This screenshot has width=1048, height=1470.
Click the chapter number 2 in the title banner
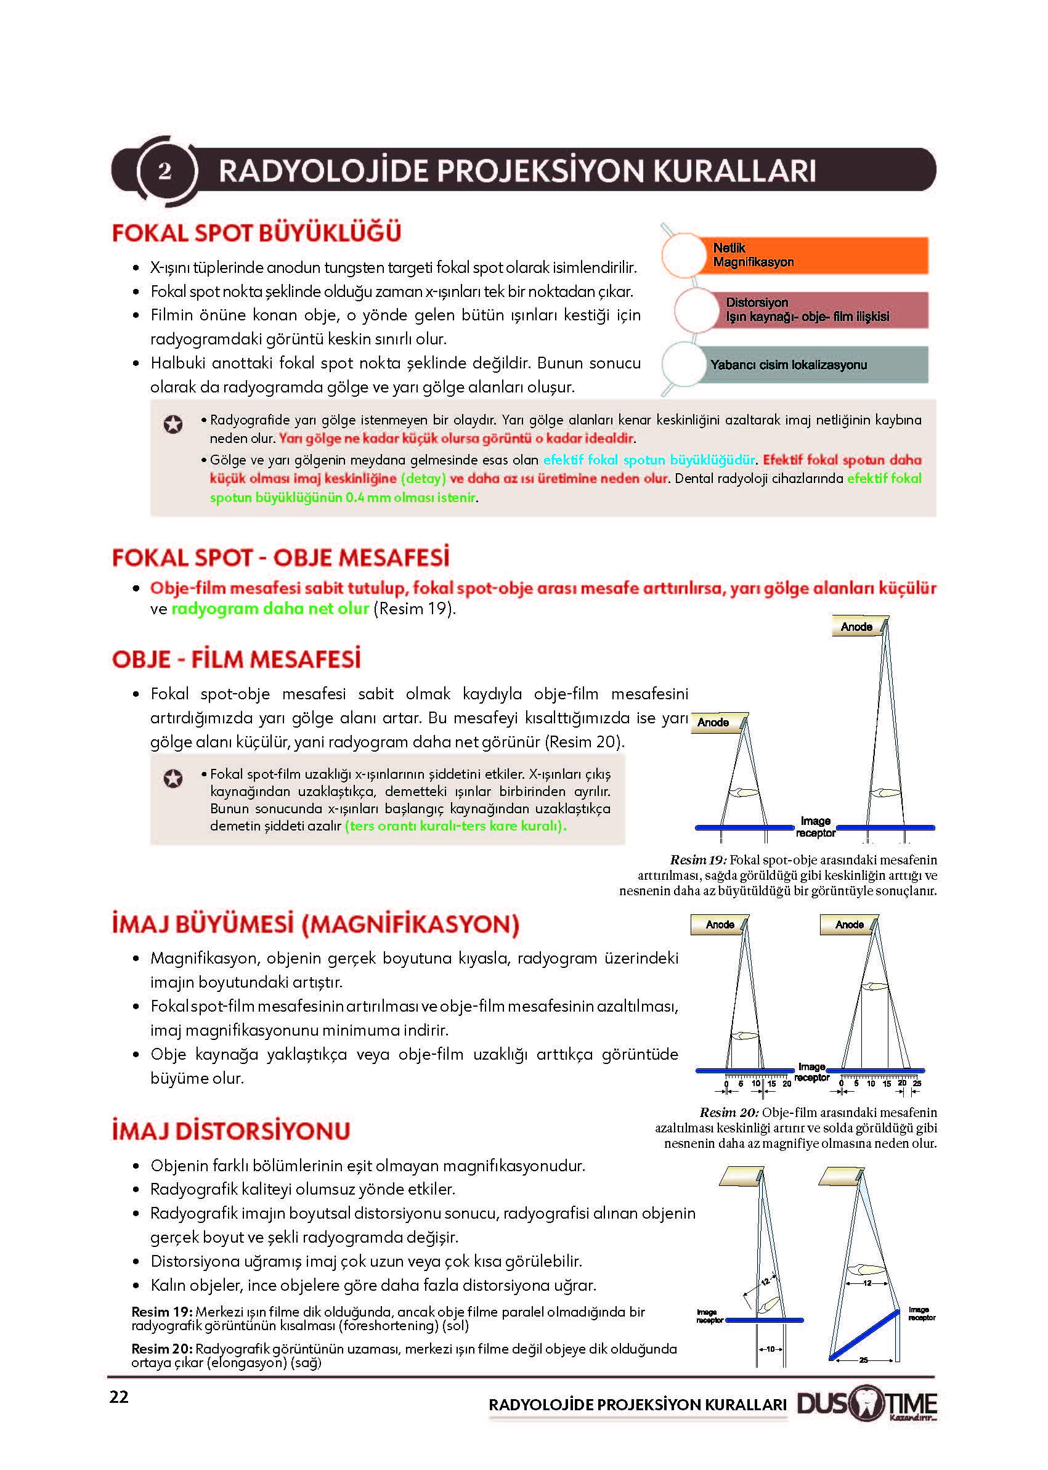[165, 171]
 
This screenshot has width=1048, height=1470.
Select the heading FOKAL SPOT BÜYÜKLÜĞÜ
[256, 233]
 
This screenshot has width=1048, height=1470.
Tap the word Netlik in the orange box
[729, 248]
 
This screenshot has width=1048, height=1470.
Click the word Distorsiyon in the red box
[757, 302]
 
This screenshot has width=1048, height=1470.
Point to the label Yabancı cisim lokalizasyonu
[788, 365]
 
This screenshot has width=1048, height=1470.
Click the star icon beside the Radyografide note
[173, 424]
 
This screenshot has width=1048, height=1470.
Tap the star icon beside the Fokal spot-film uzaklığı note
[173, 779]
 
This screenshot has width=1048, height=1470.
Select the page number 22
[119, 1397]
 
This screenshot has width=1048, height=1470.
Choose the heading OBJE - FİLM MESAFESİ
[236, 659]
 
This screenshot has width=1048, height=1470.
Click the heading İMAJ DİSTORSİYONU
[231, 1131]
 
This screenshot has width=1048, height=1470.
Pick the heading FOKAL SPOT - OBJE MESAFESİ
[280, 558]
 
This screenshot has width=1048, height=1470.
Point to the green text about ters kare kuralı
[455, 826]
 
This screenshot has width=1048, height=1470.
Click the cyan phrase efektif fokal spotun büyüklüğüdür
[649, 460]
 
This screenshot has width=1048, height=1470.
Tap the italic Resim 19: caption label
[698, 859]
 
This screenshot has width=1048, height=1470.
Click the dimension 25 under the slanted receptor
[863, 1360]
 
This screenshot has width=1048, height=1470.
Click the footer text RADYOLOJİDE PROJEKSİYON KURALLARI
[638, 1405]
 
